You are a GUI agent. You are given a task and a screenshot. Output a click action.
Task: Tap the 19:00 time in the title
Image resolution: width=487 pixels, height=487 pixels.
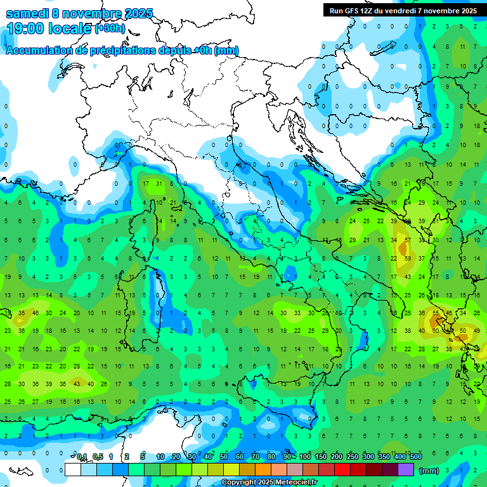tap(25, 29)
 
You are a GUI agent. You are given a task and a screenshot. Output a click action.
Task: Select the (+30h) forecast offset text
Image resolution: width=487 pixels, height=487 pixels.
tap(110, 29)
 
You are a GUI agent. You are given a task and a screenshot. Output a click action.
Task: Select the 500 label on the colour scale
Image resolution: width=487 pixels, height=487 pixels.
tap(415, 457)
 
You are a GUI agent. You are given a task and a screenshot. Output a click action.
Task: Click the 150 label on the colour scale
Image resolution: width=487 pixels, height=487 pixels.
tap(320, 457)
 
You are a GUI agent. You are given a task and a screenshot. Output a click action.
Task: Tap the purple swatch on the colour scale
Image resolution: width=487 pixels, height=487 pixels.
tap(406, 470)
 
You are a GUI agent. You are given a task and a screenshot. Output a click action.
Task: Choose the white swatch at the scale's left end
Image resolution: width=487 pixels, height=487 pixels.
tap(73, 470)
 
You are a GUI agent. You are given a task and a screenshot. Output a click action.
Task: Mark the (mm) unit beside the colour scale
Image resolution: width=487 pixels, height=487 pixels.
tap(429, 471)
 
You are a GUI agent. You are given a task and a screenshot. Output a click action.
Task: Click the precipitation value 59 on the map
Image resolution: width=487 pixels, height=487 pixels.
tap(406, 258)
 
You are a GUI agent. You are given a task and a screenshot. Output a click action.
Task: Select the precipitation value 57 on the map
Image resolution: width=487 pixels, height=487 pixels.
tap(406, 240)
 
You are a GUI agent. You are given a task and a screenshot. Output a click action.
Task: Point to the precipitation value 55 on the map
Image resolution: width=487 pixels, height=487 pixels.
tap(436, 313)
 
